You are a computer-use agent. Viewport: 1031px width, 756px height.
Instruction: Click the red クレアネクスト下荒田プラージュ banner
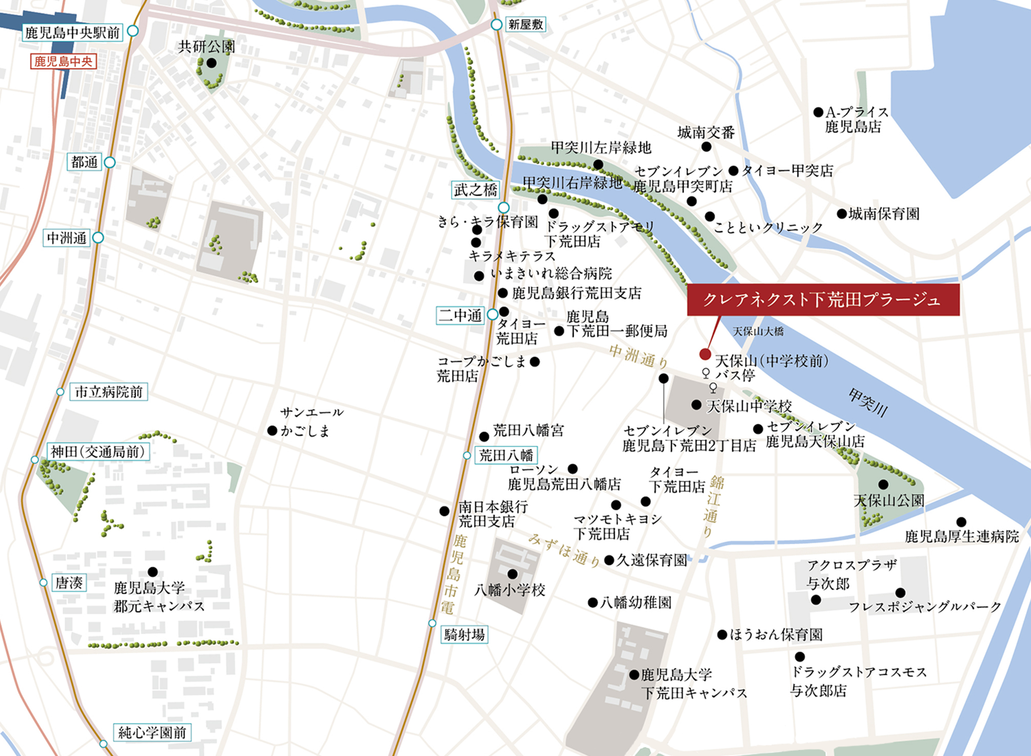[823, 300]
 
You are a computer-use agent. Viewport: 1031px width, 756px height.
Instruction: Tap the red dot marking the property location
[705, 354]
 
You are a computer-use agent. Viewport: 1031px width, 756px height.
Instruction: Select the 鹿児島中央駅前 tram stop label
[72, 33]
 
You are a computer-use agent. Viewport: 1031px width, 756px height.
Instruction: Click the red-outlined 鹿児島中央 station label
[63, 61]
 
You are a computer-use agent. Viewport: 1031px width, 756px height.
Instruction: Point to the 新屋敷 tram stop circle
[496, 25]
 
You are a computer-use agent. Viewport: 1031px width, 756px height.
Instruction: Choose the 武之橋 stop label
[475, 190]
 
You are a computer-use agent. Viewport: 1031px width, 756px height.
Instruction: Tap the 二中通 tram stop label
[460, 315]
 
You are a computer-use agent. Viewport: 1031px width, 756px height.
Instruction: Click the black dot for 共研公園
[211, 63]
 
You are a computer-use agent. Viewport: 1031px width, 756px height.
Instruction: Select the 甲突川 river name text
[867, 402]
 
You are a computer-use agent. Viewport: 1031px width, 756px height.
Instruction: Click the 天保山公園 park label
[888, 500]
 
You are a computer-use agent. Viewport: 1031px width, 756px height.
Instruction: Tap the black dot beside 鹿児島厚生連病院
[961, 522]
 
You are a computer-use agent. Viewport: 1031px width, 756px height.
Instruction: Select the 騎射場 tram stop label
[464, 635]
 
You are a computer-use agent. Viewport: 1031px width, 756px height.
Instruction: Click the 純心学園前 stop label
[152, 733]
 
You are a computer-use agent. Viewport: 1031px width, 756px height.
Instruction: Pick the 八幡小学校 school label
[510, 590]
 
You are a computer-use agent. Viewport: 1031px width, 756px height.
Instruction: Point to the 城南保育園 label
[884, 214]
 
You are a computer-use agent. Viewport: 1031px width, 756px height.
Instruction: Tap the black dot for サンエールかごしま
[272, 431]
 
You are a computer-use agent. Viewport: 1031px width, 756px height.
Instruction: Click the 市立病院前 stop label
[109, 392]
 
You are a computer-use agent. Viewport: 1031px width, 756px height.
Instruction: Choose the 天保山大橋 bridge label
[758, 331]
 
